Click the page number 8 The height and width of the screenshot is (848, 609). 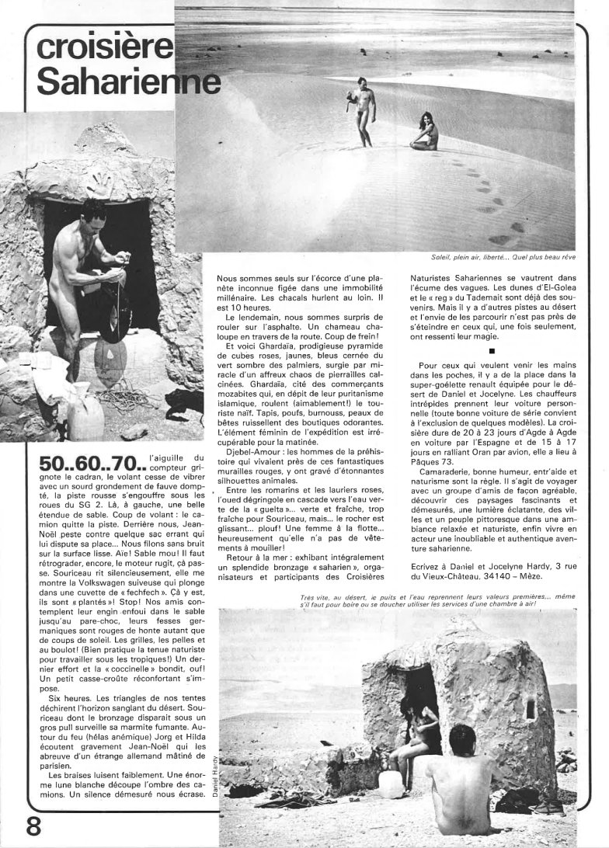coord(33,825)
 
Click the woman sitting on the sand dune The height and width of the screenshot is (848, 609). coord(424,133)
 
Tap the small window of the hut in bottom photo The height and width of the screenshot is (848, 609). coord(530,707)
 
